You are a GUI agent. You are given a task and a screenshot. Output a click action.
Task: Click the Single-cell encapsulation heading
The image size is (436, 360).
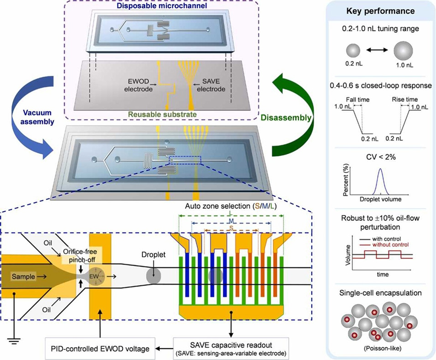pos(381,292)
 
